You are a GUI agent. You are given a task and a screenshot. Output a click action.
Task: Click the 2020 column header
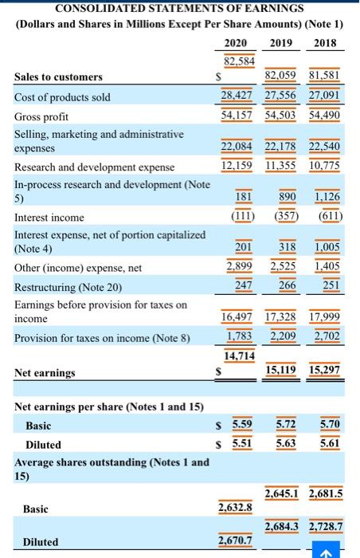pos(235,42)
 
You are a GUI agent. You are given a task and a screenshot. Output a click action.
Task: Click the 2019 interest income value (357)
pos(282,217)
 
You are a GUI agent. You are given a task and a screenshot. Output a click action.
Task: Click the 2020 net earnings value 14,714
pos(239,355)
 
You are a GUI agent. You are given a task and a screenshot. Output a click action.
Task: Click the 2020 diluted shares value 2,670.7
pos(236,541)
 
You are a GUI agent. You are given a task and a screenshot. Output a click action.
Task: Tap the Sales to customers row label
pos(58,77)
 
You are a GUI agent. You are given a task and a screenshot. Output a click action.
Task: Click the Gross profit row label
pos(41,116)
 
